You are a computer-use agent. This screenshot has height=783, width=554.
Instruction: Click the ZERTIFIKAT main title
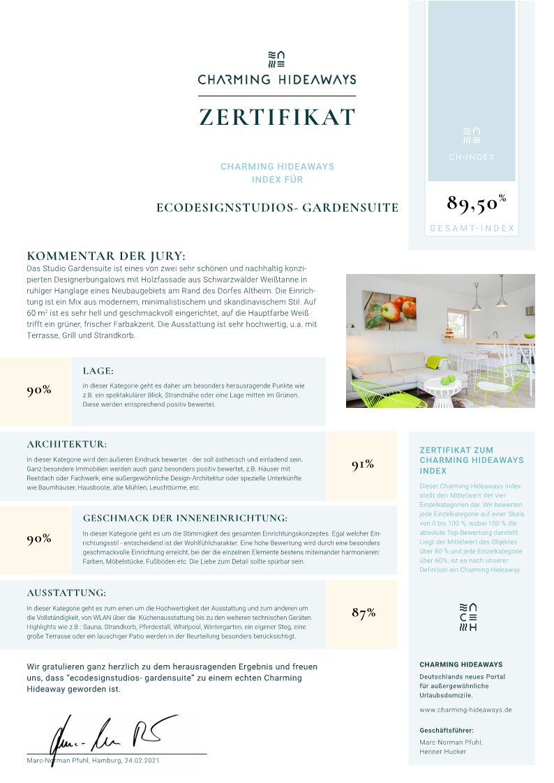pos(277,117)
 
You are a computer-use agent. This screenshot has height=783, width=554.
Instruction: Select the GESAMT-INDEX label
pos(472,228)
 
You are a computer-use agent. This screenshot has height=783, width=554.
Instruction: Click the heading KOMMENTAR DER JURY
pos(106,256)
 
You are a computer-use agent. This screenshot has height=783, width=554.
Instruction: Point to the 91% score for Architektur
pos(363,465)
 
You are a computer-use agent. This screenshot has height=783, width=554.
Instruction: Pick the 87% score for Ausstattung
pos(364,613)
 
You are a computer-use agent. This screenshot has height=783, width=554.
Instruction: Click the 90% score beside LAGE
pos(39,390)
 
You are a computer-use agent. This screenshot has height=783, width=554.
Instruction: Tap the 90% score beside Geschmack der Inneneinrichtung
pos(39,539)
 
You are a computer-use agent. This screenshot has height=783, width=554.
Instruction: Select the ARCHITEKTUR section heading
pos(67,443)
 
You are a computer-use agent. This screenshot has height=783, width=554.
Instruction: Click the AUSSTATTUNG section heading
pos(66,593)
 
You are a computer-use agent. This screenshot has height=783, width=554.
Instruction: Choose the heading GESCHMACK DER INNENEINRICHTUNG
pos(185,518)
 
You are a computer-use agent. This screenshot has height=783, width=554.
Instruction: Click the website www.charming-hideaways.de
pos(465,710)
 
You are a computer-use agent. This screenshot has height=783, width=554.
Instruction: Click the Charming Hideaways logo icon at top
pos(277,59)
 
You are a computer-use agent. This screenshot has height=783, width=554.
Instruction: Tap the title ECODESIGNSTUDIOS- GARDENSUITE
pos(277,208)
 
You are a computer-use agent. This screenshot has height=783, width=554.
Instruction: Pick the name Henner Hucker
pos(442,752)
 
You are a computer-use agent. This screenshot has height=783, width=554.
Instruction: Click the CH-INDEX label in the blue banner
pos(472,157)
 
